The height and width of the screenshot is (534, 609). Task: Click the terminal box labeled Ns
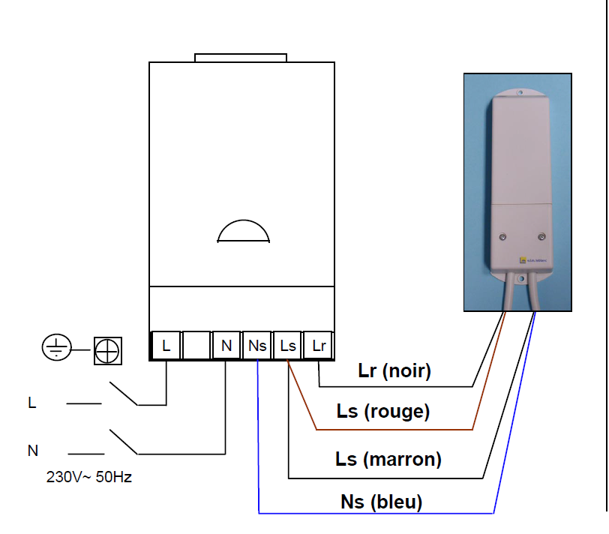(257, 346)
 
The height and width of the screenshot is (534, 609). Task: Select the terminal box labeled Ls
(288, 346)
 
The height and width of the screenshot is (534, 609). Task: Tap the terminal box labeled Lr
(319, 346)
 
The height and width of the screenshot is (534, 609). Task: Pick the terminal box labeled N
(226, 346)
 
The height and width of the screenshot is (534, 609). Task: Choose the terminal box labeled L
(166, 346)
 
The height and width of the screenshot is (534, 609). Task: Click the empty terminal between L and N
(196, 346)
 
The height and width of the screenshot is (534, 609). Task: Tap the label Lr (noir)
(394, 370)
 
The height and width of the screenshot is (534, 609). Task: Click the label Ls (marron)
(388, 458)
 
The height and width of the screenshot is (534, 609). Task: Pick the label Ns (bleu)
(381, 502)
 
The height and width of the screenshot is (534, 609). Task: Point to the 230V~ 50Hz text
(89, 476)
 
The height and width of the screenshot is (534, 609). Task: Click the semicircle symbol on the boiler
(242, 231)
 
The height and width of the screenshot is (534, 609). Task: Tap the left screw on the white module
(501, 237)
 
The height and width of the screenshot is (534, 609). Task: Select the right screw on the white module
(541, 237)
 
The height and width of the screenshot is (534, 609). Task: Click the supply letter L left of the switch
(31, 403)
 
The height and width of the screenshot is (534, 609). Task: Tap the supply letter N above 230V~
(32, 451)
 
